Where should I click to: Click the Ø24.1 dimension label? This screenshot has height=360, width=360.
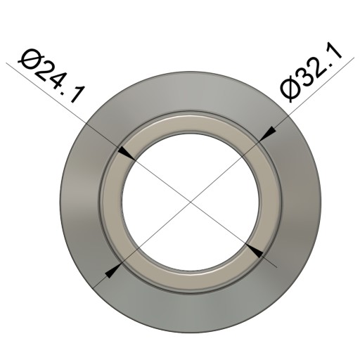click(x=51, y=75)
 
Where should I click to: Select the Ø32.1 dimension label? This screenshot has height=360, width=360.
click(x=311, y=72)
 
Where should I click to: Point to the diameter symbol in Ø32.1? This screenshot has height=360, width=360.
click(x=290, y=90)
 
